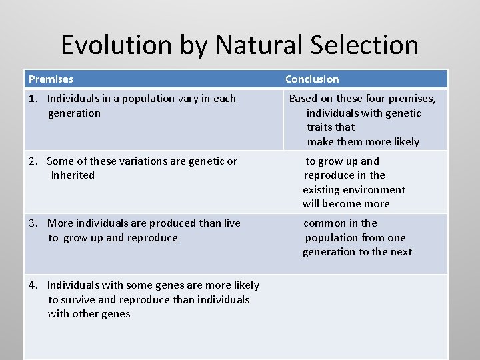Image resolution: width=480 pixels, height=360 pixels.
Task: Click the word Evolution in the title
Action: point(117,45)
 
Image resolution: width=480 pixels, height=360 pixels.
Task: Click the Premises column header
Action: point(51,79)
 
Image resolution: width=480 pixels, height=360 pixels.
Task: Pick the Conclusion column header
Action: point(312,79)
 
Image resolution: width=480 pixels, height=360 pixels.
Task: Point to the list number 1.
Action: point(33,99)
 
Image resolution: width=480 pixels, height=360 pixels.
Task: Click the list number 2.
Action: point(33,161)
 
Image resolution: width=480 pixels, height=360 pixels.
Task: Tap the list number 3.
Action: point(33,223)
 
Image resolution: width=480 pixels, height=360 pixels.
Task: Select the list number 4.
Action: point(33,285)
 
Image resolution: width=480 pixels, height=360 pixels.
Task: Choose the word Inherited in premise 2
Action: point(73,175)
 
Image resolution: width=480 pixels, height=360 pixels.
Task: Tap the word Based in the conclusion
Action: point(303,99)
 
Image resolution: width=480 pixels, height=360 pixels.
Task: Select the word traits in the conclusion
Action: point(321,127)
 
